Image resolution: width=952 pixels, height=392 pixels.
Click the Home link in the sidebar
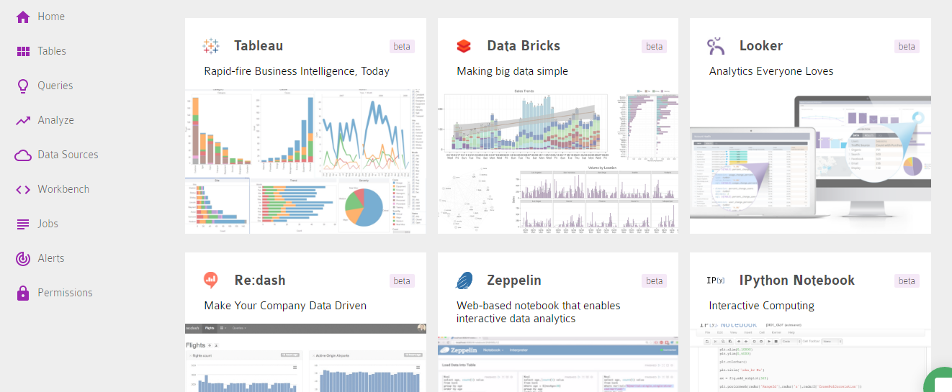pos(50,17)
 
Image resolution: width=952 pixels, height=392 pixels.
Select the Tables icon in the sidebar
pos(23,51)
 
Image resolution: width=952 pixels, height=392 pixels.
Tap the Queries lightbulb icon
pos(23,86)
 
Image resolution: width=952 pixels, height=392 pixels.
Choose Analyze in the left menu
pos(55,120)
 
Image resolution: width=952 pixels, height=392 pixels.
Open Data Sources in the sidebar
pos(68,155)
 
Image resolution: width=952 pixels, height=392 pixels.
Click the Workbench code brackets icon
pos(23,189)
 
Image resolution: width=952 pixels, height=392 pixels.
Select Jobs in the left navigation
pos(48,224)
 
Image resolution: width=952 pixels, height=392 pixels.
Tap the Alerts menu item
pos(50,258)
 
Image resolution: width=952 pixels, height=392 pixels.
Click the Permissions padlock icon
pos(23,293)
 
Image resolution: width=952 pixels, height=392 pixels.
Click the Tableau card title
pos(259,46)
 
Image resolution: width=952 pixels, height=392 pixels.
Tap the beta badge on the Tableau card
pos(402,46)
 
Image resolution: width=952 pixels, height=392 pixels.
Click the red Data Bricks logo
pos(464,46)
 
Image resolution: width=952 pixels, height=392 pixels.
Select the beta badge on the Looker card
pos(907,46)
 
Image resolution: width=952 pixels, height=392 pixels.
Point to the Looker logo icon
pos(716,46)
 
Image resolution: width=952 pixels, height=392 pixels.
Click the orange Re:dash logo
pos(210,281)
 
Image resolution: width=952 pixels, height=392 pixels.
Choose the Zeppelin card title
pos(514,281)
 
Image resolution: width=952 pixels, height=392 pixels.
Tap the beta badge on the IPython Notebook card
pos(907,281)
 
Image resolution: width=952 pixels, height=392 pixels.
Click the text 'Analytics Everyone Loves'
pos(771,71)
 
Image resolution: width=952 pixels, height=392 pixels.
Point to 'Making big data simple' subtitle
pos(512,71)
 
